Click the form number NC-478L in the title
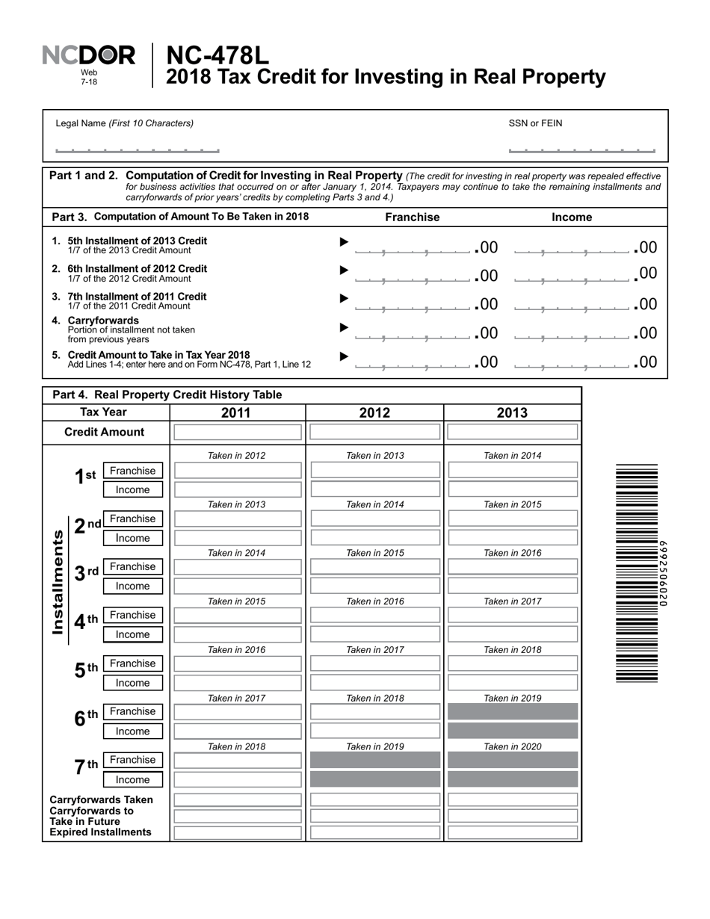tap(217, 55)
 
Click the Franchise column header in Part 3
tap(412, 217)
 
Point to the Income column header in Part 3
tap(572, 217)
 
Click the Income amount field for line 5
tap(572, 363)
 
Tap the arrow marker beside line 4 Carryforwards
tap(344, 327)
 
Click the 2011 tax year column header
tap(236, 413)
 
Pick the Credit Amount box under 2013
tap(513, 432)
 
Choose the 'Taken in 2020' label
tap(513, 746)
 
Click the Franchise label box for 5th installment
tap(132, 663)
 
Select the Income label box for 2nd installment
tap(132, 538)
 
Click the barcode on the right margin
tap(637, 572)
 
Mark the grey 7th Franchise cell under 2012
tap(375, 761)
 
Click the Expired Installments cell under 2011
tap(238, 832)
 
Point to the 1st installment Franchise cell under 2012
tap(375, 470)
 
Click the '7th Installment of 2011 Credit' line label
tap(137, 297)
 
